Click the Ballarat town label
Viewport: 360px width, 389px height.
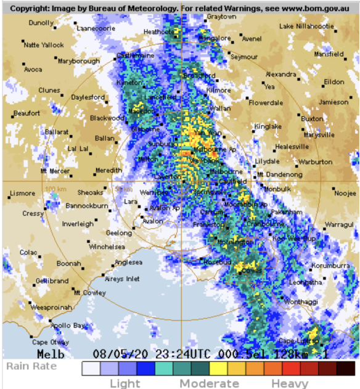click(57, 132)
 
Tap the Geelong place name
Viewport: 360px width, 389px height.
click(119, 233)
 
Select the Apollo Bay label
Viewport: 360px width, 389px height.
click(69, 325)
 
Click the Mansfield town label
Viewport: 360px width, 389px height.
click(329, 54)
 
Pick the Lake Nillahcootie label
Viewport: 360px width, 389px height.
click(306, 27)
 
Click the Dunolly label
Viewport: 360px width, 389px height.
click(41, 23)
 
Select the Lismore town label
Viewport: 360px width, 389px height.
click(23, 194)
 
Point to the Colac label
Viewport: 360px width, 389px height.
click(28, 252)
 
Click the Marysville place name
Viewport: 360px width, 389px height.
click(319, 135)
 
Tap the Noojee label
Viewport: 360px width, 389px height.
click(345, 193)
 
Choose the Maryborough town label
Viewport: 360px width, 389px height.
click(78, 61)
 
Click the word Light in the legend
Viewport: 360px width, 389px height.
click(125, 383)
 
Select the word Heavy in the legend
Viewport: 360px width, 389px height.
click(289, 383)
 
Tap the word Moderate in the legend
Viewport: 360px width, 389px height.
click(209, 383)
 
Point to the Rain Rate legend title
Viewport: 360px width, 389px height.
click(32, 366)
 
